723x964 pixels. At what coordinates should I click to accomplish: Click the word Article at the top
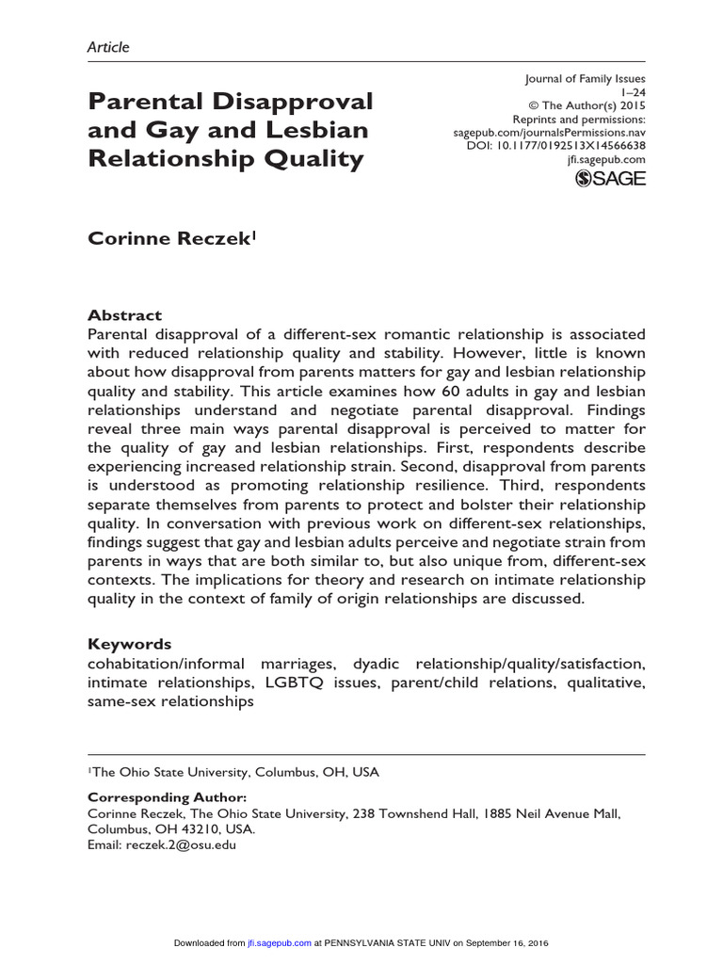(108, 46)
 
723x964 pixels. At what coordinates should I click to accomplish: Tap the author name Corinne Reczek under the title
(170, 239)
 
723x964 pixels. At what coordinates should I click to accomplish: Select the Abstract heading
(124, 315)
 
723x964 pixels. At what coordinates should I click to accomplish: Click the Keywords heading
(129, 644)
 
